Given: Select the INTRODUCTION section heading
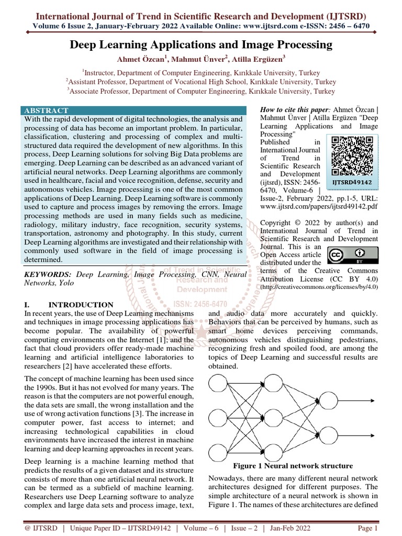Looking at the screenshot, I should (81, 305).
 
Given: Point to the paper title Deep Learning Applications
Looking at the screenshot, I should (201, 45).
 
